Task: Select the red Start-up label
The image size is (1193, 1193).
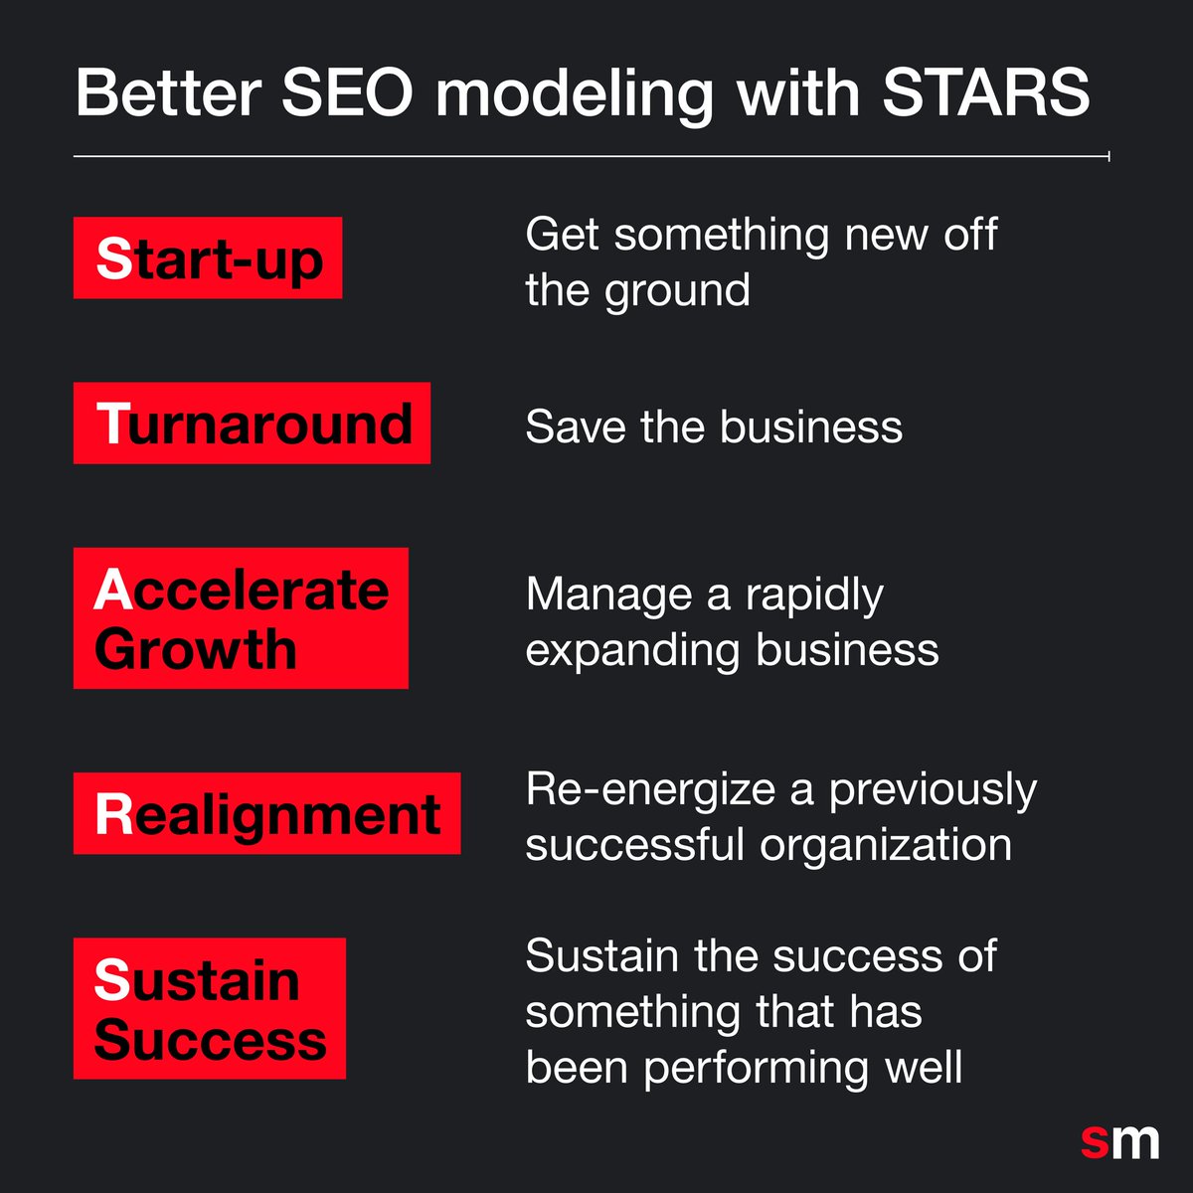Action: pyautogui.click(x=208, y=258)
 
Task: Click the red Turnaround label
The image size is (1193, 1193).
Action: pyautogui.click(x=252, y=424)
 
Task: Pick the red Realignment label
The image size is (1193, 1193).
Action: pyautogui.click(x=266, y=814)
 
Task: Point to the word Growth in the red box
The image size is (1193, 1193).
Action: pyautogui.click(x=196, y=649)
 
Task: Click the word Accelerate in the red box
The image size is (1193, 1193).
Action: pyautogui.click(x=242, y=591)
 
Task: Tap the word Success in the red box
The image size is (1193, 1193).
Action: pyautogui.click(x=210, y=1040)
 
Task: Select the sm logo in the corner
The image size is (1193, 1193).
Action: pyautogui.click(x=1119, y=1140)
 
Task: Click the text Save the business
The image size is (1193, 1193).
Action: pyautogui.click(x=713, y=427)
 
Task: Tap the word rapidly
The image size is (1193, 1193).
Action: pyautogui.click(x=814, y=596)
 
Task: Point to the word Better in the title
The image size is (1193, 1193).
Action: pyautogui.click(x=168, y=93)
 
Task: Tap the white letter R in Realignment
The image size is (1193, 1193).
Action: pyautogui.click(x=112, y=814)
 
